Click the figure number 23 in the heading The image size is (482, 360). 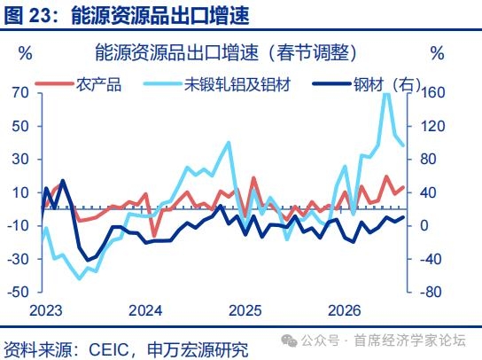pos(39,15)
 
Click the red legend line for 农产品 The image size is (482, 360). pos(54,83)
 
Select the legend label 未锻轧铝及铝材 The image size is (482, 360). pos(237,84)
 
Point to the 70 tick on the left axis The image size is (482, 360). pos(20,92)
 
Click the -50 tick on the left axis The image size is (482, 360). pos(18,292)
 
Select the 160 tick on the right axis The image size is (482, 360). pos(432,92)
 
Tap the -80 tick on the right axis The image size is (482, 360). pos(431,292)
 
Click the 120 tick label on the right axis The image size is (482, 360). pos(432,126)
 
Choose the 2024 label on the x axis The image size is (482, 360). pos(145,310)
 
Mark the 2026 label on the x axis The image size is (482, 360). pos(345,310)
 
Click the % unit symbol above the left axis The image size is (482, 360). pos(25,53)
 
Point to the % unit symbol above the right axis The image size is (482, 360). pos(437,53)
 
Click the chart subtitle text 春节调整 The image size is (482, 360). pos(313,52)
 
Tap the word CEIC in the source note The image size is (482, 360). pos(108,349)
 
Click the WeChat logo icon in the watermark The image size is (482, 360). pos(289,340)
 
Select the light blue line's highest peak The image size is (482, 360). pos(386,94)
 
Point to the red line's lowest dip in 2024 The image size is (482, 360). pos(154,236)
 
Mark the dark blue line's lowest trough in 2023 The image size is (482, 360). pos(89,260)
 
